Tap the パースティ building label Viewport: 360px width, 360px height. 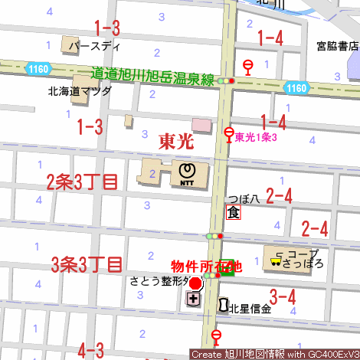(95, 46)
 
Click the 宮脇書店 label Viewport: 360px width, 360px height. (338, 46)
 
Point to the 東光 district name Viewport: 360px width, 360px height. (176, 141)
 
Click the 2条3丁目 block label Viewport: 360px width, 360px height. (82, 182)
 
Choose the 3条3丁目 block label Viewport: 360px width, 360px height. (87, 265)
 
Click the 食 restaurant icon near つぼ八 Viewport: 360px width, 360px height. (233, 212)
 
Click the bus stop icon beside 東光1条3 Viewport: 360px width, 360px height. (228, 136)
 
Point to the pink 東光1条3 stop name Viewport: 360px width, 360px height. (256, 137)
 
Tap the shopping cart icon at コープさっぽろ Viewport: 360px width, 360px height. (274, 262)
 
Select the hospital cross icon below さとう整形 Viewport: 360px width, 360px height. (193, 298)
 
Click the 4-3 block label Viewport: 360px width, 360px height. (91, 351)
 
